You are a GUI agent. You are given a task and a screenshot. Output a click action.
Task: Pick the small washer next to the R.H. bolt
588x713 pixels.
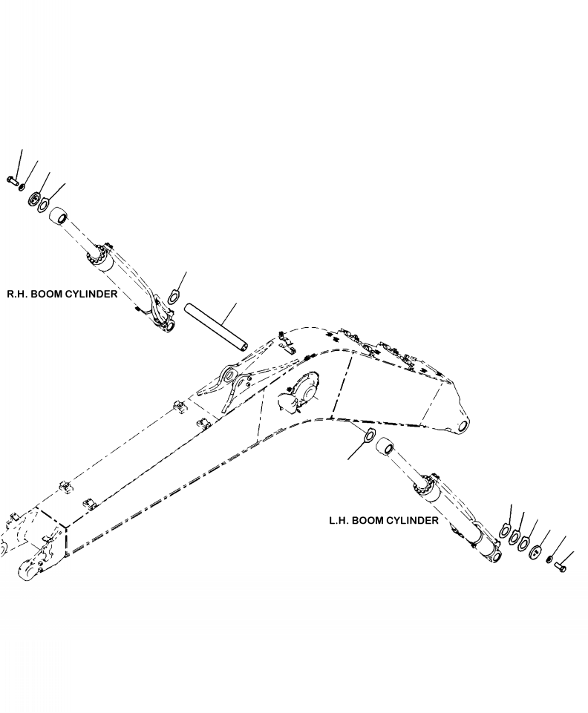(22, 185)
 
